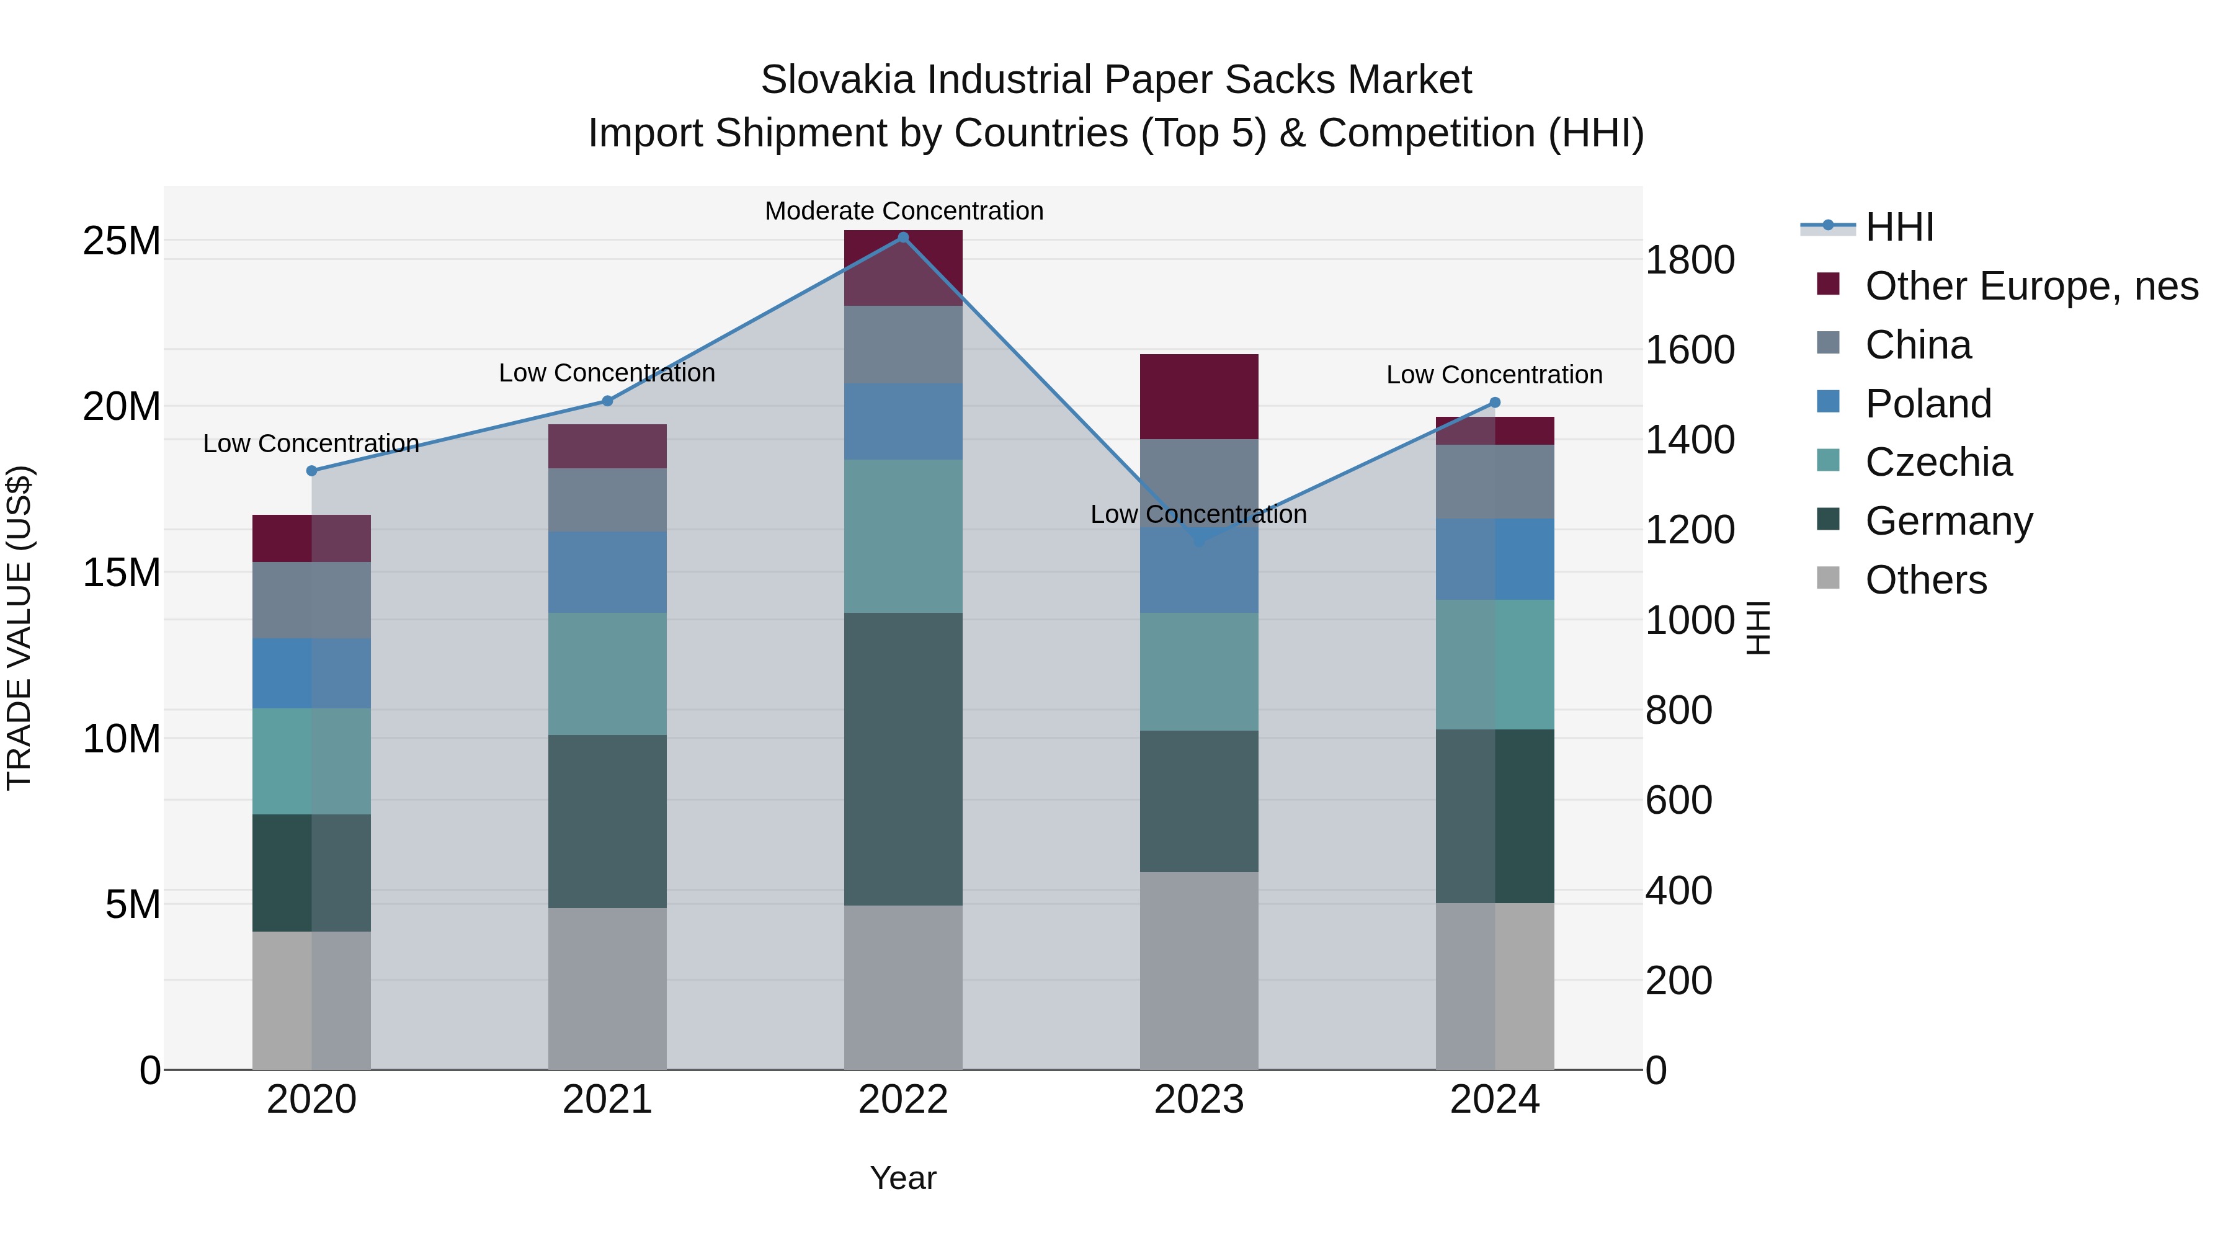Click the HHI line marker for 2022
pyautogui.click(x=903, y=238)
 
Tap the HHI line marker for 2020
pyautogui.click(x=312, y=471)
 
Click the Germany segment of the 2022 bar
pyautogui.click(x=903, y=759)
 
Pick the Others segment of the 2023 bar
pyautogui.click(x=1199, y=971)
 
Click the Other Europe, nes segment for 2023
pyautogui.click(x=1199, y=396)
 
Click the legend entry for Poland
pyautogui.click(x=1928, y=404)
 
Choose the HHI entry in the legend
pyautogui.click(x=1899, y=227)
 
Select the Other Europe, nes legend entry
pyautogui.click(x=2031, y=286)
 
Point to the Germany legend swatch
pyautogui.click(x=1828, y=520)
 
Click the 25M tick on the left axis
pyautogui.click(x=122, y=241)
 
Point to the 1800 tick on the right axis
pyautogui.click(x=1690, y=260)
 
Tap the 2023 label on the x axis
pyautogui.click(x=1199, y=1100)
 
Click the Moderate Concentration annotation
pyautogui.click(x=903, y=211)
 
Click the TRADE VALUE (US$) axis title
pyautogui.click(x=19, y=628)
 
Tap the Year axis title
pyautogui.click(x=903, y=1178)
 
